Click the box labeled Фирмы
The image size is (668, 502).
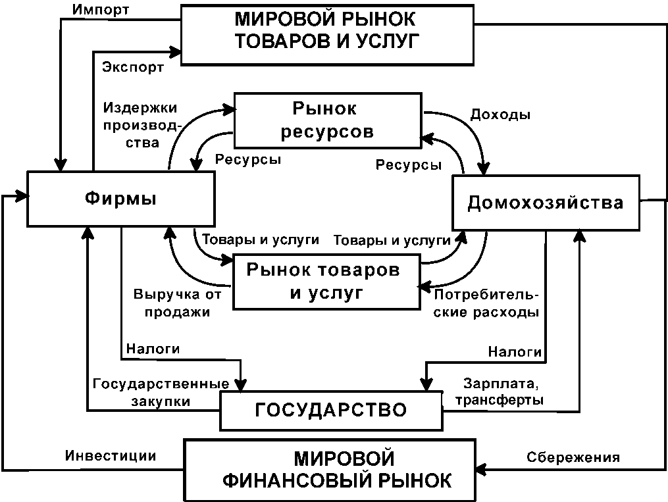(x=121, y=197)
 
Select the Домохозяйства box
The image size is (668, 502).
(x=546, y=202)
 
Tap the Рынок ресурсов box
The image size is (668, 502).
(x=327, y=120)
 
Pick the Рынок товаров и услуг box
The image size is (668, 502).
(x=326, y=281)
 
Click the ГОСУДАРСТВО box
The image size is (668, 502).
(x=330, y=410)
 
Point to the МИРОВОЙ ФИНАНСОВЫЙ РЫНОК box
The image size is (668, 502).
(x=329, y=469)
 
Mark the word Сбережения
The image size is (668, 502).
(x=573, y=457)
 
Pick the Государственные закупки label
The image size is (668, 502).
(x=161, y=391)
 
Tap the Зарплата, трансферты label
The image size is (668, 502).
(x=503, y=391)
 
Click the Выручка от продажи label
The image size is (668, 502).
(x=172, y=303)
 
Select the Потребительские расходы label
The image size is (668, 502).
(x=486, y=303)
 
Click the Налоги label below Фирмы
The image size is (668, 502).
(x=153, y=349)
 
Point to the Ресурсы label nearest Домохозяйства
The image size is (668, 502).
(x=408, y=165)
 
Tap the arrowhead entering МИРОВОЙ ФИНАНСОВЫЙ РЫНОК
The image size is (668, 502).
(x=481, y=468)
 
